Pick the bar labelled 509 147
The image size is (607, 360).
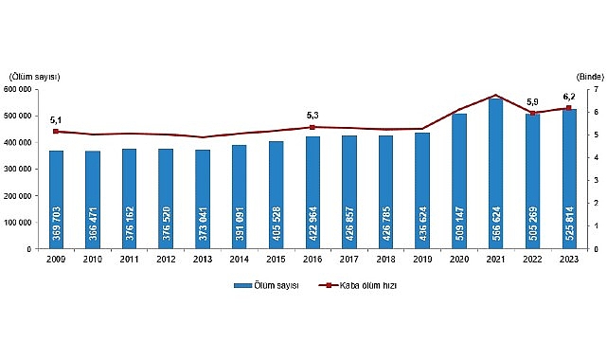point(458,181)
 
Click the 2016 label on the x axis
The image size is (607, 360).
point(312,259)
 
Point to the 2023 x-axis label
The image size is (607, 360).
point(568,259)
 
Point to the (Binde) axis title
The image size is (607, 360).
point(588,75)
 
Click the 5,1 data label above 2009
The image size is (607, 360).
point(56,120)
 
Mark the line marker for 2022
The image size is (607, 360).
point(532,114)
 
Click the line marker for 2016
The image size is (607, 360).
point(312,127)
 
